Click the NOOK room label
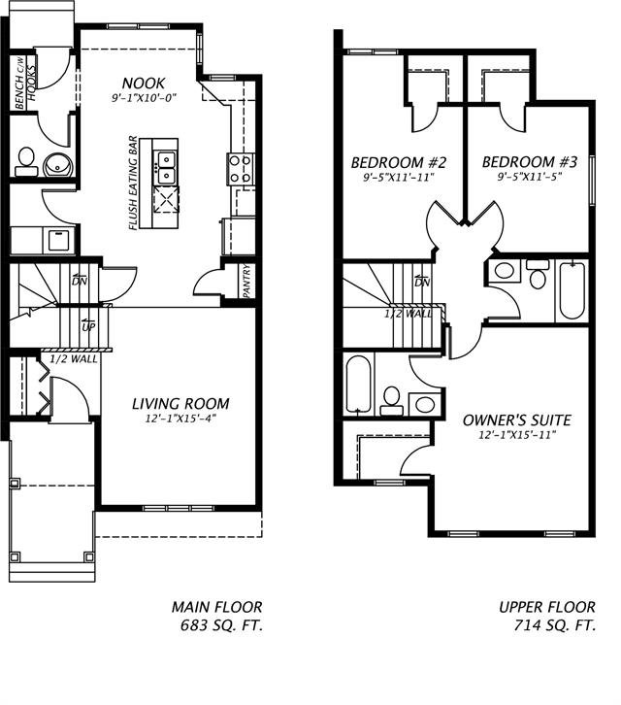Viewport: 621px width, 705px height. click(x=143, y=84)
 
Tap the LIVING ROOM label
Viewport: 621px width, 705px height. click(x=180, y=404)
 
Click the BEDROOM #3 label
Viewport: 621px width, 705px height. click(x=529, y=163)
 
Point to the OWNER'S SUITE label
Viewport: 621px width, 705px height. click(x=515, y=420)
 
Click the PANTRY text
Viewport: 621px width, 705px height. click(x=246, y=282)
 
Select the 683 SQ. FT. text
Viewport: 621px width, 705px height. click(x=222, y=626)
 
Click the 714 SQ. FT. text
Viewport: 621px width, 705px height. click(x=555, y=626)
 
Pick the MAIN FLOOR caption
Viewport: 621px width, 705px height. click(x=217, y=607)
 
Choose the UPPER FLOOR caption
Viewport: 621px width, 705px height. click(x=547, y=607)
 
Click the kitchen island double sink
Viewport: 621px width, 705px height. click(x=166, y=166)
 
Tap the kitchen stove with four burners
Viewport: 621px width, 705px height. click(x=240, y=169)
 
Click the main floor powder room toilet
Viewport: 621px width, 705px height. click(x=26, y=158)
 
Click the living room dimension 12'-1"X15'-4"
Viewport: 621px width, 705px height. click(x=180, y=420)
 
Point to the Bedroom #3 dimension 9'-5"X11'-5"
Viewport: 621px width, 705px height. click(x=529, y=179)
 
